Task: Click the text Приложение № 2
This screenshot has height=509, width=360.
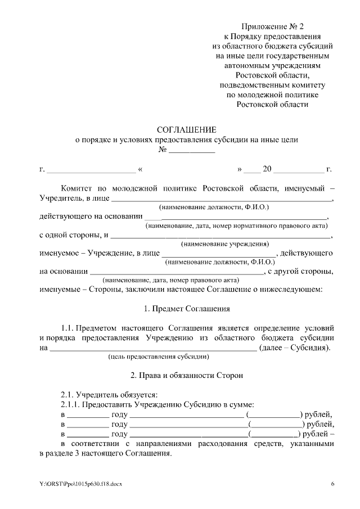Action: (x=272, y=26)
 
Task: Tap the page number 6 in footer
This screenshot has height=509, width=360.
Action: (x=332, y=484)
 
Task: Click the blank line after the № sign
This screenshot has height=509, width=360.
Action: (x=192, y=151)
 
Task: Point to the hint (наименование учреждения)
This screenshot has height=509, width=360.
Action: (x=224, y=244)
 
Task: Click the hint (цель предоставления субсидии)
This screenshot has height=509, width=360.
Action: (x=159, y=357)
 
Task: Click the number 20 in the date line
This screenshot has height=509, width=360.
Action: (x=267, y=169)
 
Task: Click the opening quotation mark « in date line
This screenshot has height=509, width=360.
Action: (x=139, y=169)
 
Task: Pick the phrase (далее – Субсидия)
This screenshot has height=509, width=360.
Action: (x=295, y=347)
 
